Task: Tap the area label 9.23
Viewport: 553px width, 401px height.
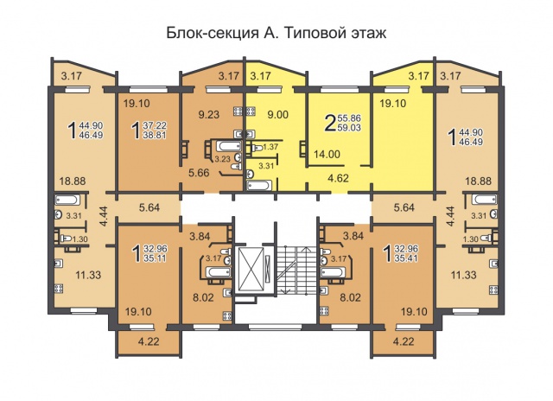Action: tap(209, 114)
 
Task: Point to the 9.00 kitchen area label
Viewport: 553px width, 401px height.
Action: tap(278, 114)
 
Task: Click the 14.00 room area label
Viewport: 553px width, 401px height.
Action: tap(327, 154)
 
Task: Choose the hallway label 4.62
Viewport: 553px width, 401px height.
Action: tap(338, 178)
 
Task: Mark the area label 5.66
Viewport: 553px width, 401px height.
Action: tap(199, 173)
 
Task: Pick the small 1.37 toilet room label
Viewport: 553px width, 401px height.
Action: tap(270, 147)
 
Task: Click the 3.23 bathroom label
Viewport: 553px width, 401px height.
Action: tap(223, 159)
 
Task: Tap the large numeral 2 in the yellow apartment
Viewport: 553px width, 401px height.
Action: tap(329, 123)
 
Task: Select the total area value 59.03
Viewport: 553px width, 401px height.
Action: tap(349, 127)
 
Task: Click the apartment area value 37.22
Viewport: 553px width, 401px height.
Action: tap(155, 125)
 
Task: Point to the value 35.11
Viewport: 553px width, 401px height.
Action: tap(156, 258)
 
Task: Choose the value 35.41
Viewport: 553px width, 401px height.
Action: tap(406, 258)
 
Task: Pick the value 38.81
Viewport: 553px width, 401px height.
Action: tap(155, 135)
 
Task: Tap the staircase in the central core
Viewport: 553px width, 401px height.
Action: tap(292, 270)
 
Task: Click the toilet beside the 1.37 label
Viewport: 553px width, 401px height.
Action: tap(257, 148)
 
